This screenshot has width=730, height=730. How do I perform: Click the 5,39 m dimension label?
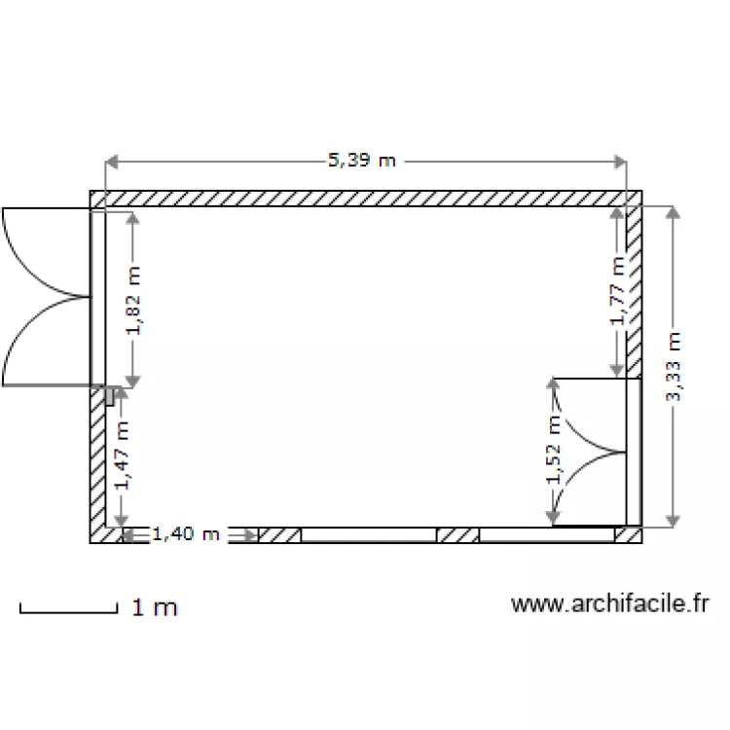click(362, 161)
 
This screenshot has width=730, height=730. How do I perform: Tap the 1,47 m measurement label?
click(123, 454)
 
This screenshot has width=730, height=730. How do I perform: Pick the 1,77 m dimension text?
click(617, 291)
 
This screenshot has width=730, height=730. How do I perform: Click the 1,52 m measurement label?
click(554, 450)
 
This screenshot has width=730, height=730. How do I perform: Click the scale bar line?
click(68, 612)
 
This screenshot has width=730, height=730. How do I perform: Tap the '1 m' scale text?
click(155, 608)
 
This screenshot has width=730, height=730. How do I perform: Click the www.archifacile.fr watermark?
click(608, 604)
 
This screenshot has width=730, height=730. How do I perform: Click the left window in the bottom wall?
click(368, 535)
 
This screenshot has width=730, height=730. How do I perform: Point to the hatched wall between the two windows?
click(457, 535)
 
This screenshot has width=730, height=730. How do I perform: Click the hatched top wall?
click(365, 199)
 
